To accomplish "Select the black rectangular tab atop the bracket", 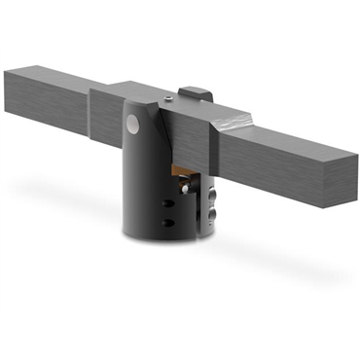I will (195, 92).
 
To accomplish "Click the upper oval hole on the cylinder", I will (168, 203).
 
